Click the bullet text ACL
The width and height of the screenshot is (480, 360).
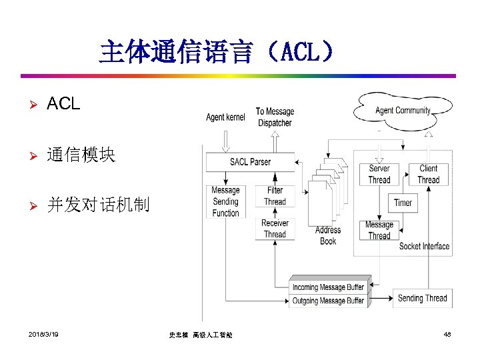(x=63, y=104)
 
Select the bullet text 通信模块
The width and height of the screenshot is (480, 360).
(x=81, y=155)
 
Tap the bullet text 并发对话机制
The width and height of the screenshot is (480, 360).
(x=98, y=205)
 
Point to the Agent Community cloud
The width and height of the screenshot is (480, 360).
(x=403, y=110)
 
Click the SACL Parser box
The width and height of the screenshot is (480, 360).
(x=250, y=162)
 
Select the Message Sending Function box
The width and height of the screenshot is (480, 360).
(x=225, y=201)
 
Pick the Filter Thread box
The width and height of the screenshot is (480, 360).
(x=274, y=196)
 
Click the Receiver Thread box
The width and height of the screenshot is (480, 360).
(x=274, y=229)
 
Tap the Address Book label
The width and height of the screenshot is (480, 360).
(x=328, y=235)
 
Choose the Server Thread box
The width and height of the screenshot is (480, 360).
(x=379, y=174)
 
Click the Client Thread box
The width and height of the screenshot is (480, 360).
(x=428, y=174)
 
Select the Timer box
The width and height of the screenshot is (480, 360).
(x=403, y=203)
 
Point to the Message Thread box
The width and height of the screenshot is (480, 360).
(x=379, y=230)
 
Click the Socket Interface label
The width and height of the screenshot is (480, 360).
(x=424, y=246)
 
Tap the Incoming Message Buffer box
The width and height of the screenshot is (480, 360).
(x=328, y=287)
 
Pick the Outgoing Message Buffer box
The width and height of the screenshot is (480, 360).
(x=328, y=301)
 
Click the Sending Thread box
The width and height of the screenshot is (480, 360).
(x=422, y=298)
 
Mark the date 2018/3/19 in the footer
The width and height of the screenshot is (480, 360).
(x=44, y=333)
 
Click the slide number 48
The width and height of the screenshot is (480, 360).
(x=447, y=333)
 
